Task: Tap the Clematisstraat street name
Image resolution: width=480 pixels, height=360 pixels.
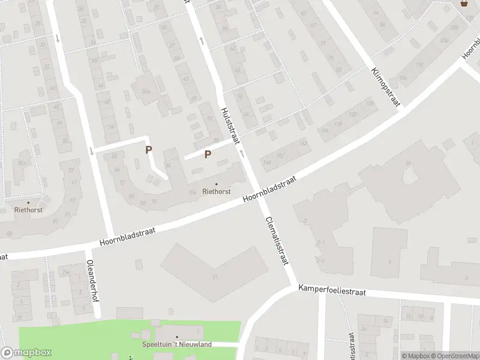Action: [x=277, y=241]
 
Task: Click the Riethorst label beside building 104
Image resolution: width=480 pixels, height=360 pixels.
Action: [x=217, y=192]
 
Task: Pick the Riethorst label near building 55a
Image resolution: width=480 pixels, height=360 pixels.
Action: [x=28, y=210]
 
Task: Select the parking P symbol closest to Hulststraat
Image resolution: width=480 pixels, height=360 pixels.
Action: [x=208, y=154]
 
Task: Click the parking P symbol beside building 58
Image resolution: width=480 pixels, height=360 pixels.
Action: [x=148, y=149]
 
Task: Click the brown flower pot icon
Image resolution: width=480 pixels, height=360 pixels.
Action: [x=464, y=4]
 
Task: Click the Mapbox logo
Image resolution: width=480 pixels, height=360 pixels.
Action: [x=26, y=353]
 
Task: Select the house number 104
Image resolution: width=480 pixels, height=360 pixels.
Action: [x=193, y=192]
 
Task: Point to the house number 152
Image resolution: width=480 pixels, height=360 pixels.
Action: [x=279, y=156]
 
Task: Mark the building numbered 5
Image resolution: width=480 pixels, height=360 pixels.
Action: [x=389, y=262]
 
